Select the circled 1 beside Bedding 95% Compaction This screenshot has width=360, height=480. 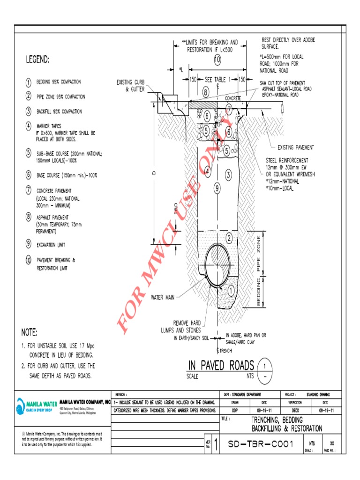(x=29, y=82)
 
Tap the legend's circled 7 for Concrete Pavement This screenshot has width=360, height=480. (x=29, y=190)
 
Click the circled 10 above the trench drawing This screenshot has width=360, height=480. (x=217, y=60)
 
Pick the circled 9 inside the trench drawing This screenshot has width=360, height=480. (x=217, y=189)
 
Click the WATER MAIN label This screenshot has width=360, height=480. (x=163, y=297)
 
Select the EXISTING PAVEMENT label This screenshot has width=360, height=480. (x=296, y=147)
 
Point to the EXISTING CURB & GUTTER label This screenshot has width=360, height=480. (x=131, y=85)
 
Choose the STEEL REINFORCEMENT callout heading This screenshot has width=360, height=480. (x=287, y=160)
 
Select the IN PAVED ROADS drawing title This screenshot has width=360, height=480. (x=221, y=365)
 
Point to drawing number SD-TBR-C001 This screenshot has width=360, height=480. (x=260, y=444)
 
